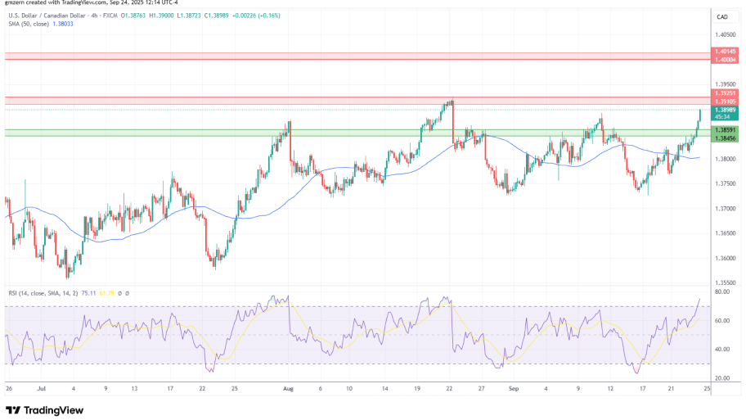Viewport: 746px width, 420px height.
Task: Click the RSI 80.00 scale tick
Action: coord(722,291)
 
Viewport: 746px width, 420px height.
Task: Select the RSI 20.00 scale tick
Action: coord(722,378)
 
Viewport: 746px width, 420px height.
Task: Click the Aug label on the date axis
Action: coord(287,389)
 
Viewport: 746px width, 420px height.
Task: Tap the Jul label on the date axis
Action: coord(42,389)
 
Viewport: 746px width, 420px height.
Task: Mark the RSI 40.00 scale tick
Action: coord(722,350)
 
